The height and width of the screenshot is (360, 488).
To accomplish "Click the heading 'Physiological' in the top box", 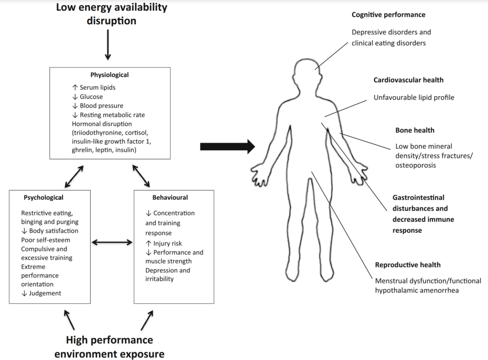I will click(110, 75).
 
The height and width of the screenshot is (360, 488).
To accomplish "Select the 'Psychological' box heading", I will click(43, 197).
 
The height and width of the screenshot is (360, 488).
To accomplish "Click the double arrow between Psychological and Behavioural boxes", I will click(112, 242).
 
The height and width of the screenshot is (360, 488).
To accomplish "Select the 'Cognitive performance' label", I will click(388, 15).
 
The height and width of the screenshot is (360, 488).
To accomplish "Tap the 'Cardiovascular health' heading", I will click(408, 80).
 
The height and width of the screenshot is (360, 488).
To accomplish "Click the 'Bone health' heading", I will click(415, 130).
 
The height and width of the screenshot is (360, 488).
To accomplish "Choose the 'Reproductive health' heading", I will click(408, 265).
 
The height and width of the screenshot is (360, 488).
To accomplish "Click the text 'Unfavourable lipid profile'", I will click(414, 98).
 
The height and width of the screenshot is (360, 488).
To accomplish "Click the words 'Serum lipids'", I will click(98, 88).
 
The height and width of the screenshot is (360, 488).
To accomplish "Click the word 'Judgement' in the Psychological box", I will click(45, 293).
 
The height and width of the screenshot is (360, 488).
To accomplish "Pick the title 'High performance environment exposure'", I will click(109, 347).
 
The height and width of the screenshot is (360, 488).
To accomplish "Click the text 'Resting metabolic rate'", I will click(112, 115).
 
